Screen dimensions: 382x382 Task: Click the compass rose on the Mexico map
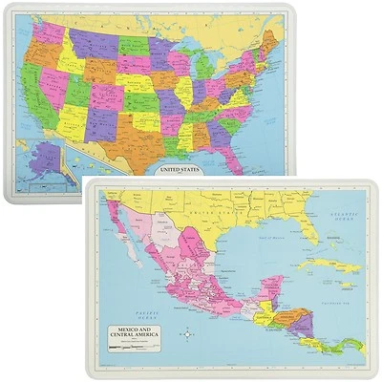[188, 333]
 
